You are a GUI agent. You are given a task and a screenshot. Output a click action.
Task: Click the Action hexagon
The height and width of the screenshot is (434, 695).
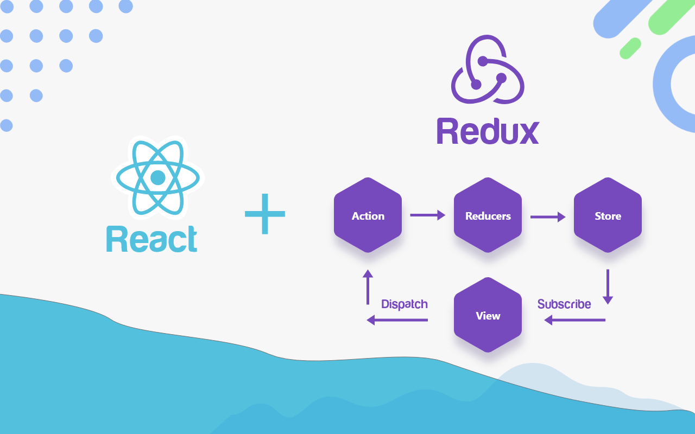pos(368,215)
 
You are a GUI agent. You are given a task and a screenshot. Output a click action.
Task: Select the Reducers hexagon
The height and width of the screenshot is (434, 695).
pos(488,215)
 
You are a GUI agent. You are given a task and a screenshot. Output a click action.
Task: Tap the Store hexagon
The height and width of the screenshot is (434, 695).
pos(608,215)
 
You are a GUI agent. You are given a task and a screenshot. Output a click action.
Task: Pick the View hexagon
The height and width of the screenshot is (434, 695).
pos(488,315)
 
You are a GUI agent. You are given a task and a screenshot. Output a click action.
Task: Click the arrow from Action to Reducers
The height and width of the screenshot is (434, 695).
pos(427,215)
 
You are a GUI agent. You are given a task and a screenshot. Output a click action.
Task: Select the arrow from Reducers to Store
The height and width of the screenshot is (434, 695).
pos(547,217)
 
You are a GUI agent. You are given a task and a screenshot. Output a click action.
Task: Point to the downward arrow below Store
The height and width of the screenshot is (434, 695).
pos(608,286)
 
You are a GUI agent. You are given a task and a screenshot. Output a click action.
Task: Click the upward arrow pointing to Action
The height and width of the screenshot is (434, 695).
pos(368,286)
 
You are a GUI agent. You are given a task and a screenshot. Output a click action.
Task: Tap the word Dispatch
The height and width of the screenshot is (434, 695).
pos(405,304)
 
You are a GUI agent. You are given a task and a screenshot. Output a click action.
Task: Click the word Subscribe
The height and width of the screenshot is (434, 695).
pos(564,304)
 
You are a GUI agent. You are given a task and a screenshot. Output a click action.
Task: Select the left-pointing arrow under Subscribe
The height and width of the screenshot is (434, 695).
pos(574,320)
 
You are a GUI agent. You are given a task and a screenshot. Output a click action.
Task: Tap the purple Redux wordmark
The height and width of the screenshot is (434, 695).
pos(488,131)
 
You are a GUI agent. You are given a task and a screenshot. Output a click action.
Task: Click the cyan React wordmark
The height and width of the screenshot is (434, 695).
pos(152,239)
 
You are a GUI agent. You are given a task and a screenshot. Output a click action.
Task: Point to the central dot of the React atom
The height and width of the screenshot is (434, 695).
pos(157,177)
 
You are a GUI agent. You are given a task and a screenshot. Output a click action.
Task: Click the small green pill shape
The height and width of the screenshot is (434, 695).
pos(630,48)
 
